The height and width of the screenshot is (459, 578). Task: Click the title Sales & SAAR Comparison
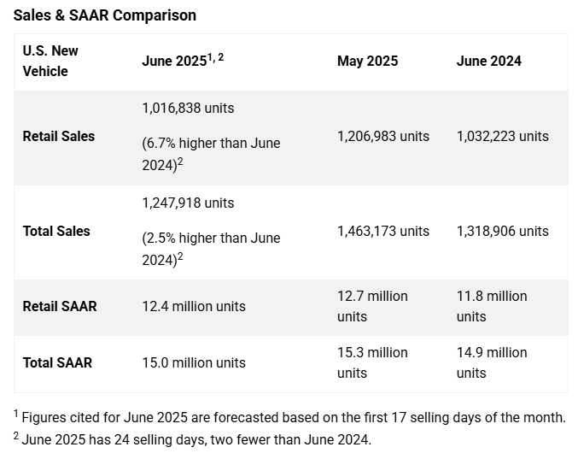104,15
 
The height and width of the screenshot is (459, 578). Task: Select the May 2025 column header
367,61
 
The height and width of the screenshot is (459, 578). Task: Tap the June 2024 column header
488,61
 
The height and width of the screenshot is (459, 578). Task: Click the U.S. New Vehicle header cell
50,61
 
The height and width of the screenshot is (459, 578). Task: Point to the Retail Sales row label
58,136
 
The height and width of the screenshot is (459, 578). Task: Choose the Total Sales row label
55,231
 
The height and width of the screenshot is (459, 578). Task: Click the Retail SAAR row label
59,306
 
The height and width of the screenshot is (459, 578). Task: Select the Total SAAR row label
56,362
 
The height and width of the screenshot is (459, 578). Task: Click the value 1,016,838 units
188,109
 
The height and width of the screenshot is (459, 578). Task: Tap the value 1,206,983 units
383,136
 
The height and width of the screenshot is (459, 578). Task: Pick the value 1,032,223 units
502,136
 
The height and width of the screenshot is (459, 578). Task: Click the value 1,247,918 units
188,203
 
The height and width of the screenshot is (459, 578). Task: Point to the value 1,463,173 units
383,231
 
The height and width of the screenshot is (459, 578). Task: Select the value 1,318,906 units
502,231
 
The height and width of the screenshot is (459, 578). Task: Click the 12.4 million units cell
193,306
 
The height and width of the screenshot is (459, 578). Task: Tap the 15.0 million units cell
193,362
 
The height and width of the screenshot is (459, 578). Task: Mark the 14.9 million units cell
492,362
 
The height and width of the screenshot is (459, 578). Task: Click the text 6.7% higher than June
211,144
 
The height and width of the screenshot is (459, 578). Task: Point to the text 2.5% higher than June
211,238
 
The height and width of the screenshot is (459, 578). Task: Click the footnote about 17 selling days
290,417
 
